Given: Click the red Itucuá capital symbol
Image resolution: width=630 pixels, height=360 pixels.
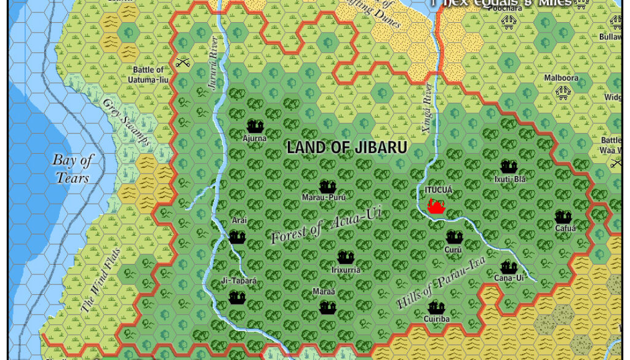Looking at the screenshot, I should pos(436,207).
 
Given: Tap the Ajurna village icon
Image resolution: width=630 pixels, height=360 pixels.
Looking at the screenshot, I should pos(255,127).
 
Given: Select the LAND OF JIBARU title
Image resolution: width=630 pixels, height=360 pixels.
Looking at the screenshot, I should pos(347,148).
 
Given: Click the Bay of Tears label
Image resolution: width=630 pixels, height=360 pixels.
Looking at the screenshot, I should pos(73,169).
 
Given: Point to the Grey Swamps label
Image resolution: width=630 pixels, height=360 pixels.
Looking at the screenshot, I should pos(126,122).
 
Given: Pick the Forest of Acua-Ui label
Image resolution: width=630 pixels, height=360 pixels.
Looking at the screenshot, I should pos(326,225).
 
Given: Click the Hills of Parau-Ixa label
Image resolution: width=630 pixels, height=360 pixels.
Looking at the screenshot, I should pos(441,282).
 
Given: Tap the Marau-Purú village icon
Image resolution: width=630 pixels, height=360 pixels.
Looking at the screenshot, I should pos(327,187).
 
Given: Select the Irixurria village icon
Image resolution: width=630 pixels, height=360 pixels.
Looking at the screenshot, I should pos(346,258).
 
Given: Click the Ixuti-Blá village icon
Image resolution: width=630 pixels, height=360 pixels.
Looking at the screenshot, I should pos(509,167).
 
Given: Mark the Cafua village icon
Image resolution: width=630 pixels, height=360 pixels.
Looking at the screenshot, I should pos(564,217).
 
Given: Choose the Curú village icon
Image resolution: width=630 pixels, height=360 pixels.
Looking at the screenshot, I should pos(454,238).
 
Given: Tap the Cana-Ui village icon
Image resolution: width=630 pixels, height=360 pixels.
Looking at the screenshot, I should pos(508,267).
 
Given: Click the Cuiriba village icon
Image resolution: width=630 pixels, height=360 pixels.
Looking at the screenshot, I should pos(436,308).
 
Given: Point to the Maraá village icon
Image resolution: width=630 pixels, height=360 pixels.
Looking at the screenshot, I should pos(327,307).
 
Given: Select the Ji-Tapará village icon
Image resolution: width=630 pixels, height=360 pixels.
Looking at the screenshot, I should pos(237,298).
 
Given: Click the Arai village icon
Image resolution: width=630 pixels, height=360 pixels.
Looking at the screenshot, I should pos(237,237).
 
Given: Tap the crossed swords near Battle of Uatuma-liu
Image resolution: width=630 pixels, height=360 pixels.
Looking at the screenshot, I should pos(182,62).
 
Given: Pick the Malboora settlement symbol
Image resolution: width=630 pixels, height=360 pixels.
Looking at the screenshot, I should pos(562,92).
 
